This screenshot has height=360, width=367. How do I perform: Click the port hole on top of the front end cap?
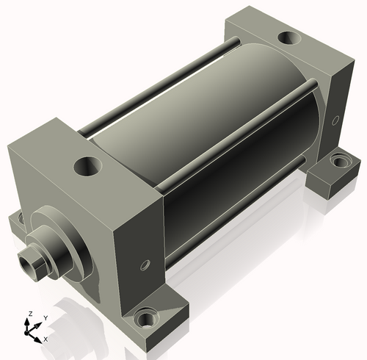click(88, 167)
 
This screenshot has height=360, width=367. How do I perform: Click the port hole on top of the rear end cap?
click(289, 38)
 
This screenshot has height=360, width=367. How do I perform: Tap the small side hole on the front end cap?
click(145, 265)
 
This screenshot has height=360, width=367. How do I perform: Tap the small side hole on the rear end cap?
click(336, 120)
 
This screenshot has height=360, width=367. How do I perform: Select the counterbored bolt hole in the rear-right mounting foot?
click(341, 160)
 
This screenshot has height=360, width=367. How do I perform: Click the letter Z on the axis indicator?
click(31, 314)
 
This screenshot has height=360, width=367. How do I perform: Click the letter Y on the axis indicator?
click(46, 318)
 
